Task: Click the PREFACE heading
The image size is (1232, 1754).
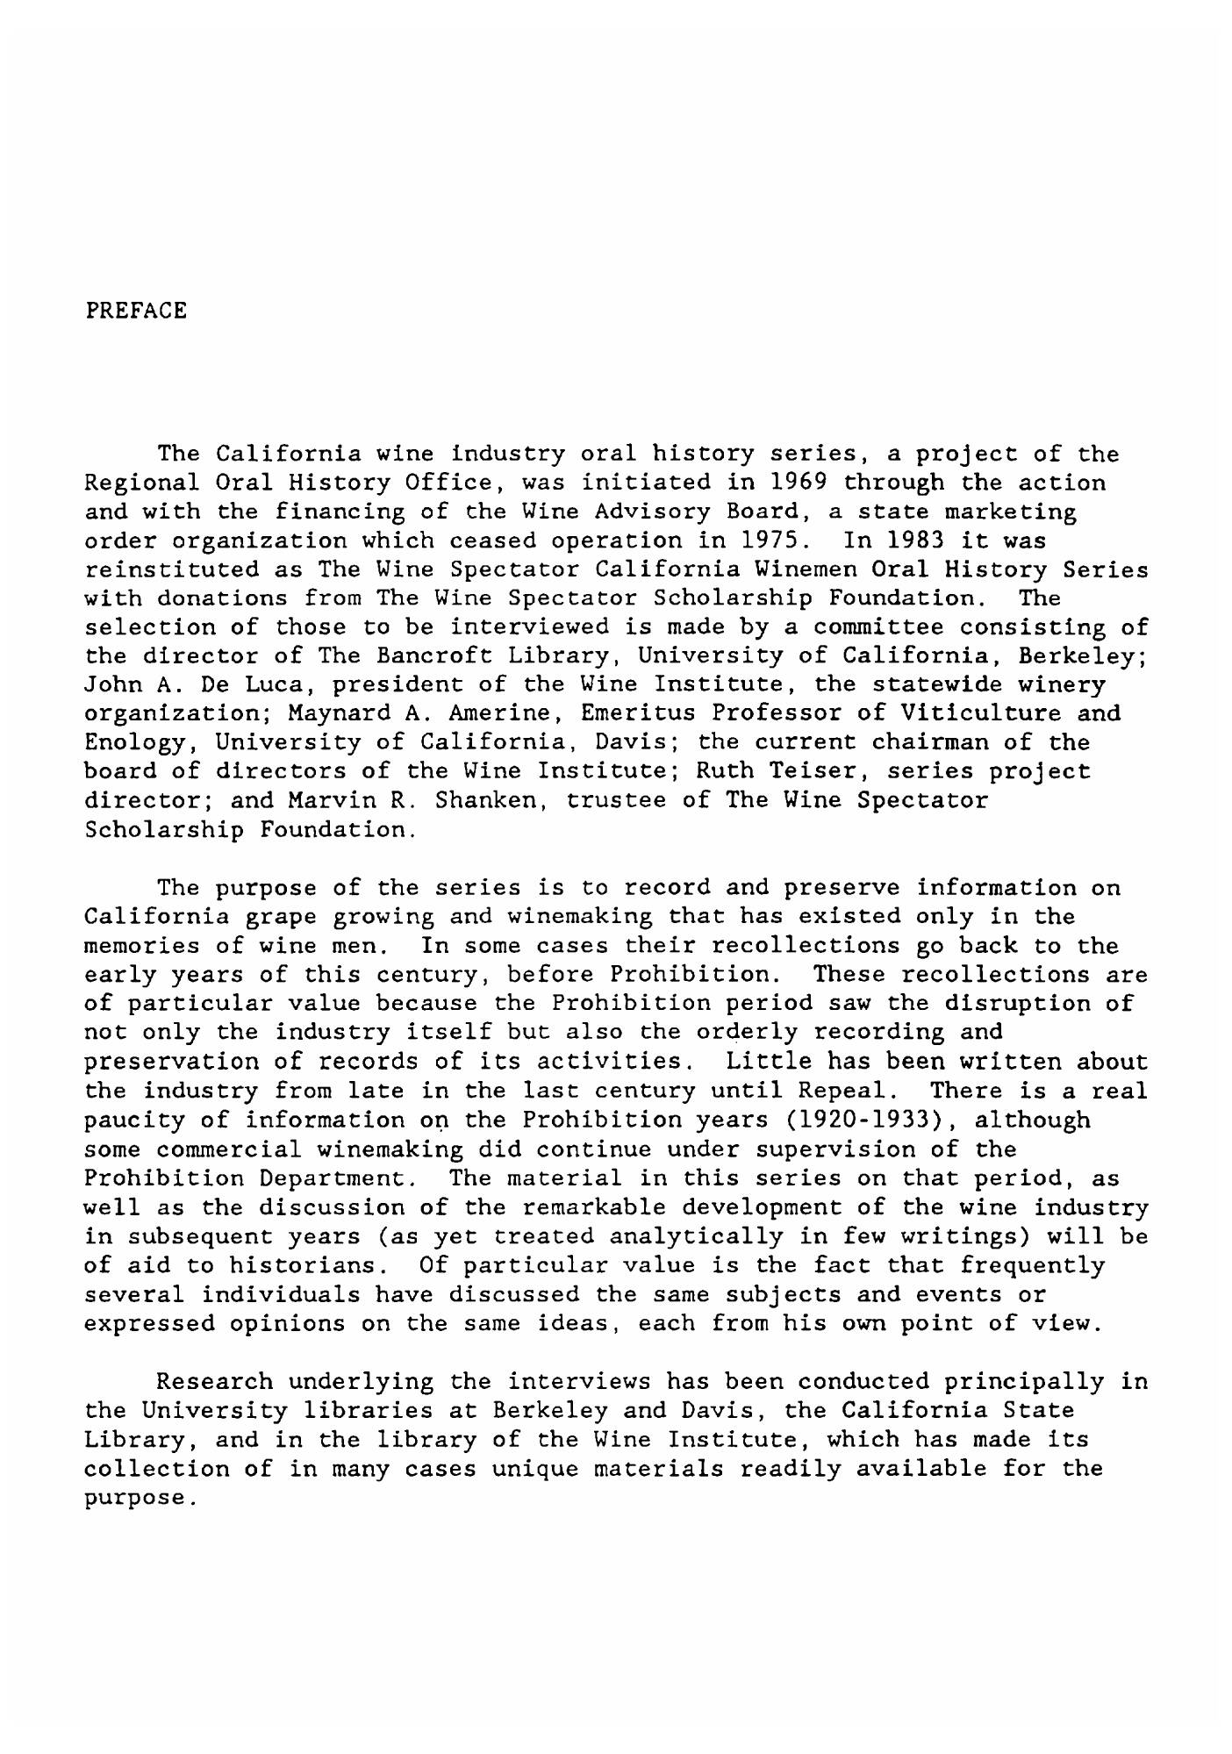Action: [136, 311]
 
